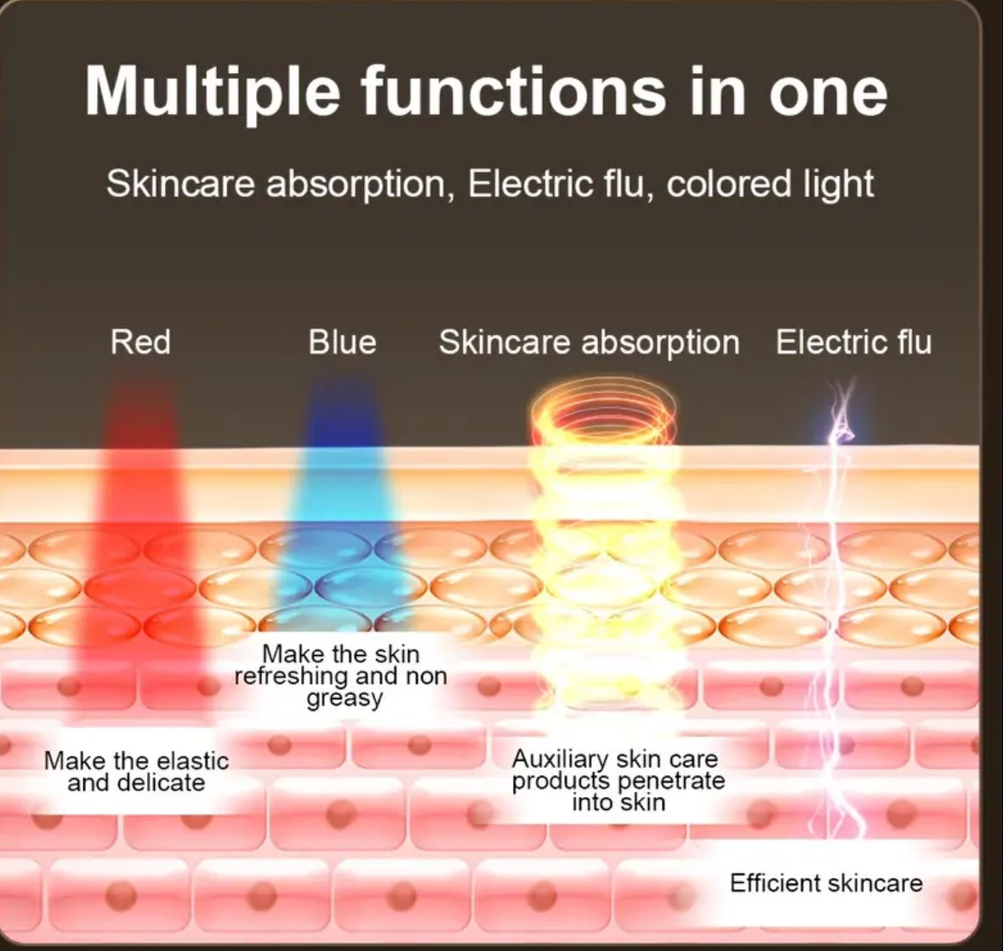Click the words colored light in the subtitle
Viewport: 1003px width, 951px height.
(x=770, y=184)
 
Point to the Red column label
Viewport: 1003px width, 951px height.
(x=140, y=342)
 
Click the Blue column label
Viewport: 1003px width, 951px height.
(x=342, y=342)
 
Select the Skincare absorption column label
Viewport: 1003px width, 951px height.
(x=589, y=342)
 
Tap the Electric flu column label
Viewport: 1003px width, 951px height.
(x=853, y=342)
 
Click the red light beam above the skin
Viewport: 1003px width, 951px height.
(x=140, y=417)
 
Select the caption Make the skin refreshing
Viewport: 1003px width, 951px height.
(x=340, y=675)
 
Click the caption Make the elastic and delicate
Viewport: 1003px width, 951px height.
(x=136, y=772)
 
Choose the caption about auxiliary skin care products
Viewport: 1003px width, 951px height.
(x=618, y=780)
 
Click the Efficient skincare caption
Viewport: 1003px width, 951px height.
(x=825, y=883)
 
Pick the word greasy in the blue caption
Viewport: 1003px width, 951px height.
(x=344, y=698)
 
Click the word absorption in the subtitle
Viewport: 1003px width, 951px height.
(x=356, y=184)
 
